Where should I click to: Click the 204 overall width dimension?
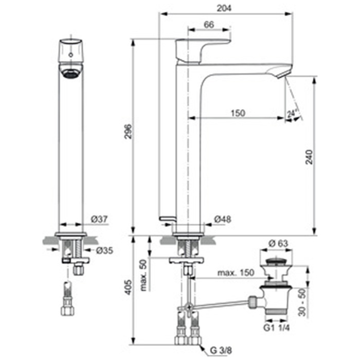[x=224, y=8]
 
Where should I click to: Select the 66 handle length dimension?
[x=209, y=25]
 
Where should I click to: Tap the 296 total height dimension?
[x=128, y=131]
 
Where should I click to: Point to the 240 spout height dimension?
[x=309, y=157]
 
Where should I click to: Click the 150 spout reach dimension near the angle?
[x=238, y=113]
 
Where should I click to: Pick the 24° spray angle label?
[x=292, y=113]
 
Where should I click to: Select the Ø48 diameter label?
[x=223, y=219]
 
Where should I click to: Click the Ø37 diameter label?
[x=99, y=219]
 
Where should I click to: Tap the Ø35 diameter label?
[x=104, y=250]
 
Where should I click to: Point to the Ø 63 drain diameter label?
[x=278, y=243]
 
